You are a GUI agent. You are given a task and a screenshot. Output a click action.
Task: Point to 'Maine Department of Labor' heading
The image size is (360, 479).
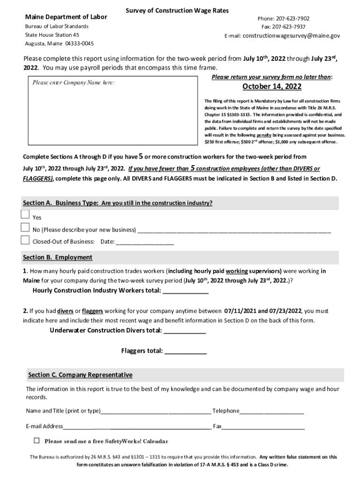[x=66, y=17]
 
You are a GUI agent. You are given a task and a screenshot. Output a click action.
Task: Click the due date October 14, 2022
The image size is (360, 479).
[x=272, y=87]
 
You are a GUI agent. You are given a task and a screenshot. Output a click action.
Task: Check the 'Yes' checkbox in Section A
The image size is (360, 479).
[x=25, y=215]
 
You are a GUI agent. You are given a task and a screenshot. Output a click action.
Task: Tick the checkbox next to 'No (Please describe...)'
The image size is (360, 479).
[x=25, y=228]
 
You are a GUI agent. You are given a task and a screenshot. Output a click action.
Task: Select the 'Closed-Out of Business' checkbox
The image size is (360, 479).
[x=25, y=240]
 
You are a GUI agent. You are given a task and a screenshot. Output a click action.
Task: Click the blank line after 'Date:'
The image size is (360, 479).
[x=144, y=242]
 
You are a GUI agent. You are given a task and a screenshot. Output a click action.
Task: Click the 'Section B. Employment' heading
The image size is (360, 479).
[x=58, y=257]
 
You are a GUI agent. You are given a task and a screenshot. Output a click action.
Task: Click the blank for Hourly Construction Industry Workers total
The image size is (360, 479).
[x=185, y=291]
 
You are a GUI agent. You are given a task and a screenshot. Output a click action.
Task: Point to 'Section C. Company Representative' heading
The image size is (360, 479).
[x=80, y=375]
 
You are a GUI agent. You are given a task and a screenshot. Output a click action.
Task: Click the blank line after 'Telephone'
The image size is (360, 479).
[x=272, y=411]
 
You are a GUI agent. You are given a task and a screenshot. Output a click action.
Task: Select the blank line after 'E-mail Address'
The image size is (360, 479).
[x=137, y=427]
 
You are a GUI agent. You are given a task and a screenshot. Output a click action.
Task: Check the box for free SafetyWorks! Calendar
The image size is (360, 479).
[x=37, y=441]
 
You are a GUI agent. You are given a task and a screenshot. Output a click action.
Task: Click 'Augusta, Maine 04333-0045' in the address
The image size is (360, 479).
[x=59, y=44]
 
